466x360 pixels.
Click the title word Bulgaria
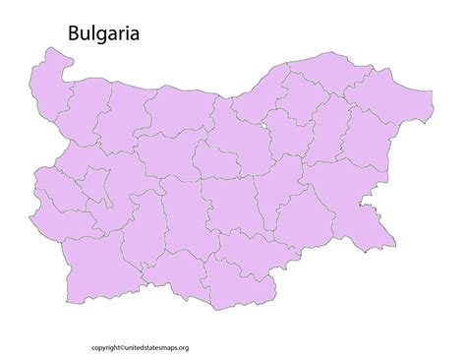[x=103, y=33]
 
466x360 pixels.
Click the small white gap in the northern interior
[x=267, y=126]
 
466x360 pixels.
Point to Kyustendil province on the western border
[x=54, y=211]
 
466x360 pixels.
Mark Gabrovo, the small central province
[x=214, y=157]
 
